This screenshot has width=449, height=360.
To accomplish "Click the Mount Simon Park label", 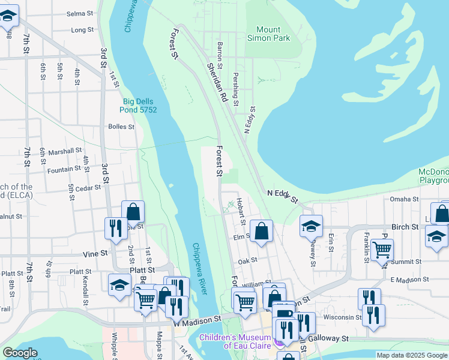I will click(268, 34).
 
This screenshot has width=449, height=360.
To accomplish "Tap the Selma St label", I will click(79, 13).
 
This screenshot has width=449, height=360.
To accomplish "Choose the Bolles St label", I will click(121, 127).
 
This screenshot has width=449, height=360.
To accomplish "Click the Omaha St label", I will click(403, 199).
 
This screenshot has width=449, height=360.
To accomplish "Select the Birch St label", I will click(405, 227).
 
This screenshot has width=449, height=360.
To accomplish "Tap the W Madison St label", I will click(197, 322).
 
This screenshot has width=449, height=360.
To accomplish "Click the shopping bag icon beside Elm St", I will click(262, 231).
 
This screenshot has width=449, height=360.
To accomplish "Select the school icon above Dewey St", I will click(311, 226).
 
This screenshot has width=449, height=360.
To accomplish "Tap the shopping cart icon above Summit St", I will click(382, 248).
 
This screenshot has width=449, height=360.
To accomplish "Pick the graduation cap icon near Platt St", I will click(119, 284).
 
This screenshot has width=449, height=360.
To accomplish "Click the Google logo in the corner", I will click(20, 353).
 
